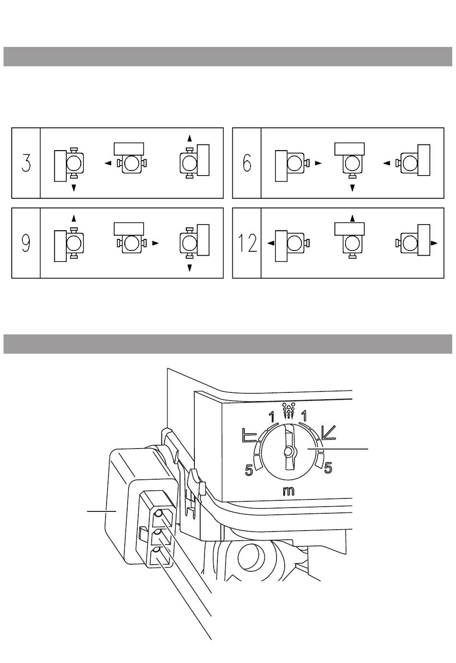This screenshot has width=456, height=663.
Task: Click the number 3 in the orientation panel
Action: [26, 163]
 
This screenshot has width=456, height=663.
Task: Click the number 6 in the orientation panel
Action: [247, 163]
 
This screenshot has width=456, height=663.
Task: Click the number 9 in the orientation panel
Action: [26, 243]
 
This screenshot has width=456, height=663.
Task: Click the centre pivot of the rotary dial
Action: [288, 451]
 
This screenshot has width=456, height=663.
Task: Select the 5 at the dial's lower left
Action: [249, 471]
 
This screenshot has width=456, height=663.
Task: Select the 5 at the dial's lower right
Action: [328, 468]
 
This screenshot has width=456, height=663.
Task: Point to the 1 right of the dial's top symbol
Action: [304, 414]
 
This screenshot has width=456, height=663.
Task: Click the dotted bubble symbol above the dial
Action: [288, 410]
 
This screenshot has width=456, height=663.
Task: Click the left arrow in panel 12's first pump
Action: [271, 243]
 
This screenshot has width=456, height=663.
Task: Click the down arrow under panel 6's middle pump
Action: [353, 188]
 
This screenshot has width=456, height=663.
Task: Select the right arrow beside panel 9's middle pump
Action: [155, 243]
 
